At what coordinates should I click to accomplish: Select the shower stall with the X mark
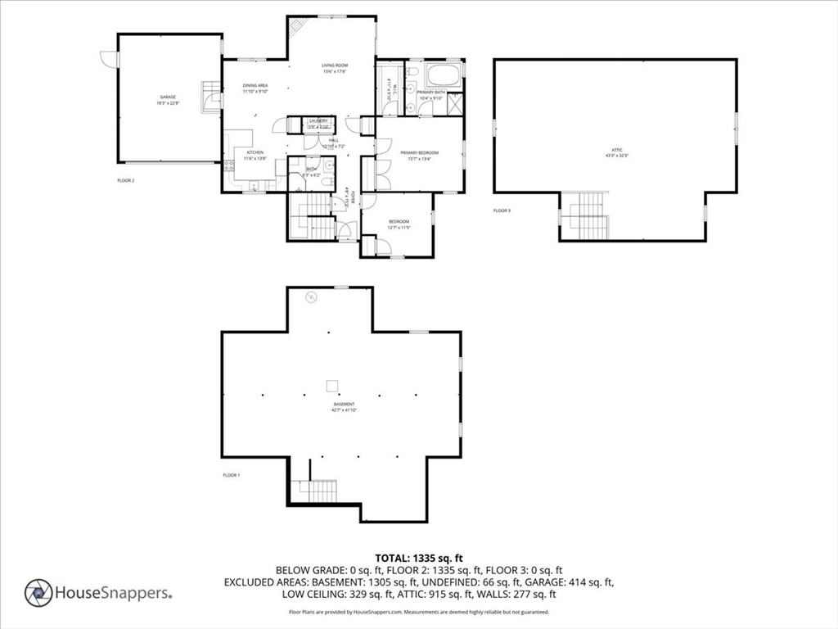click(x=453, y=104)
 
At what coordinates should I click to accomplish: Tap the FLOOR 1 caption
click(x=231, y=475)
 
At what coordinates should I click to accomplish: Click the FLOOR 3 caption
click(x=502, y=211)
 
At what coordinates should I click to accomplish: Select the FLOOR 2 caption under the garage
click(x=125, y=180)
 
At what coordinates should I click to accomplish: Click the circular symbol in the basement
click(x=310, y=297)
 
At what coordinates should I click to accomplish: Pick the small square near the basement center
click(x=332, y=386)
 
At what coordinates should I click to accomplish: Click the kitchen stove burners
click(x=228, y=170)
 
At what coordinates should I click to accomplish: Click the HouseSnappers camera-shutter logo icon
click(x=38, y=593)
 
